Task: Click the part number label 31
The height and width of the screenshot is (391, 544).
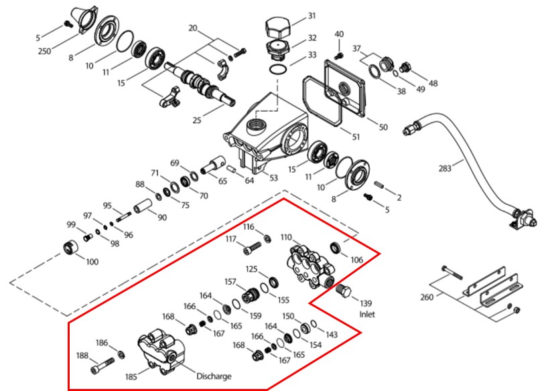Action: click(x=312, y=15)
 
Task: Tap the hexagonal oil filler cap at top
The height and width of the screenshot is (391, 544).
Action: click(x=277, y=29)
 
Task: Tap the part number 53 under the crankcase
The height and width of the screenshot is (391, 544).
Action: click(x=273, y=177)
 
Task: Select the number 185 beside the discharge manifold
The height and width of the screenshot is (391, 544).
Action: click(x=131, y=377)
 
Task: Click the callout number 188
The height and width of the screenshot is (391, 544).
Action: click(x=83, y=356)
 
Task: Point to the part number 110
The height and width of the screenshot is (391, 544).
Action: click(x=286, y=238)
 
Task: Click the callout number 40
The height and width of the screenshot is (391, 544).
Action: click(x=338, y=34)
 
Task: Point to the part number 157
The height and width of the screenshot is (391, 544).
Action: click(x=230, y=282)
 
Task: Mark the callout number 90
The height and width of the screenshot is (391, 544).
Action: click(x=162, y=218)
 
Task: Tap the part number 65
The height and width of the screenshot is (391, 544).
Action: click(x=222, y=181)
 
